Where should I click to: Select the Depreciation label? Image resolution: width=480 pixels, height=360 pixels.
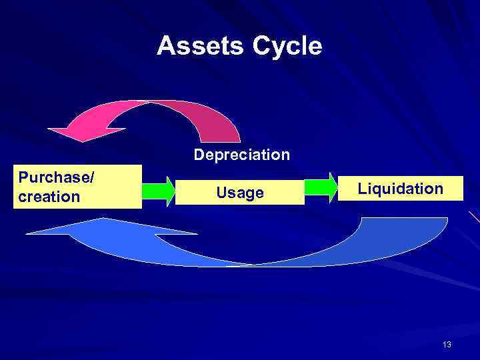(242, 155)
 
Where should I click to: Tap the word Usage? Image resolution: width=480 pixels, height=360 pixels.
(240, 193)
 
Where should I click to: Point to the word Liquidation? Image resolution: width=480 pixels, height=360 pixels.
(400, 189)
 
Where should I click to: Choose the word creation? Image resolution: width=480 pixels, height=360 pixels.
(49, 197)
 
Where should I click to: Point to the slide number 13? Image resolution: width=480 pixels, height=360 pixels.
(447, 344)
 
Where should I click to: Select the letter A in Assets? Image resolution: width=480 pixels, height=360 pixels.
(165, 46)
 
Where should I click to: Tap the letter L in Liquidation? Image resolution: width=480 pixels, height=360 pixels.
(362, 189)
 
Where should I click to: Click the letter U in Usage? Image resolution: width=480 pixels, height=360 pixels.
(221, 193)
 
